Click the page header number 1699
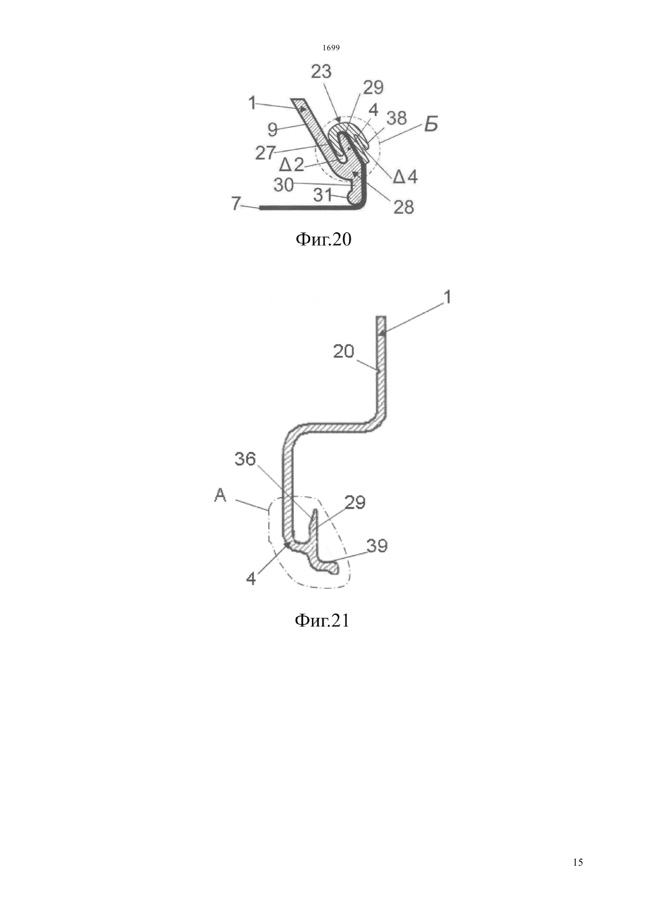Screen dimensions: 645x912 (331, 48)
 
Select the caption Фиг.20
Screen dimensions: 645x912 (323, 240)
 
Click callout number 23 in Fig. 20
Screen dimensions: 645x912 (321, 72)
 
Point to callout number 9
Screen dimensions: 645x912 (273, 130)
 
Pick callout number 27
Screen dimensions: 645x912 (266, 153)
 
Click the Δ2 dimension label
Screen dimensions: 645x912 (292, 165)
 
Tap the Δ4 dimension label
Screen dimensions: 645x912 (405, 176)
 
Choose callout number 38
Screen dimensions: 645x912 (396, 118)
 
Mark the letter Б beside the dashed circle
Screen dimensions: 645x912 (430, 124)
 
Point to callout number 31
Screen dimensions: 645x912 (323, 196)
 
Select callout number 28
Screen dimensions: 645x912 (403, 207)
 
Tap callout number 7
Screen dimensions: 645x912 (236, 204)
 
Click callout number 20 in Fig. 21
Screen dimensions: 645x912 (344, 351)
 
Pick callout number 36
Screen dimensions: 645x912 (245, 460)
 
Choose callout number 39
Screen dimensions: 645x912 (377, 546)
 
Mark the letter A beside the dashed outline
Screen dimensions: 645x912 (220, 495)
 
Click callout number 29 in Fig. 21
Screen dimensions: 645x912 (355, 503)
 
